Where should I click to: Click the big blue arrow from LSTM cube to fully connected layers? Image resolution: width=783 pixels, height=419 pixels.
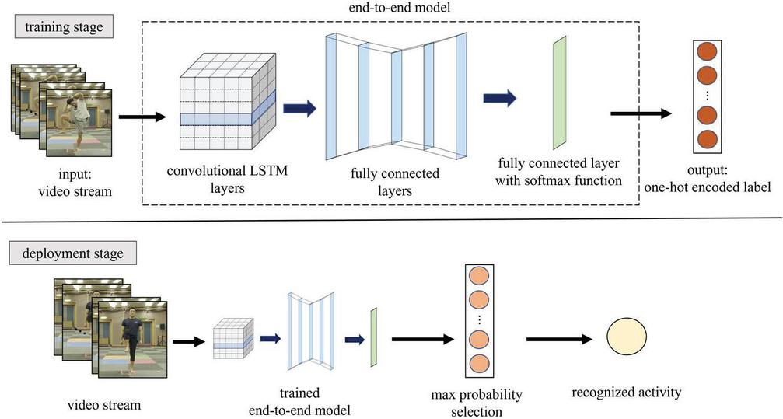[x=300, y=108]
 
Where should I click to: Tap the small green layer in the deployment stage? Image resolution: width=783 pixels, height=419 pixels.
[x=374, y=335]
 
